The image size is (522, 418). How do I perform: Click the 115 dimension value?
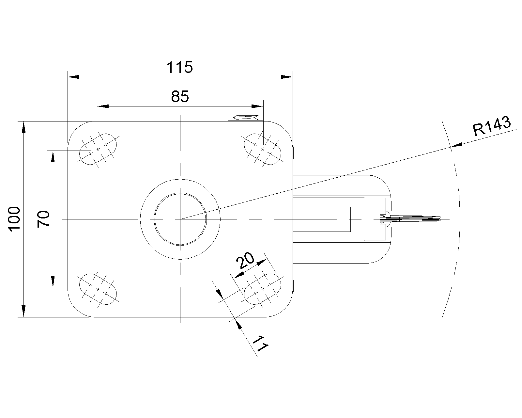tap(179, 67)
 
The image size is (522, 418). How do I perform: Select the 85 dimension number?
tap(180, 97)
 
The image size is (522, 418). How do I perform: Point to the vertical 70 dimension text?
tap(44, 219)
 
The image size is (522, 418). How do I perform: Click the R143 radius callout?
tap(492, 126)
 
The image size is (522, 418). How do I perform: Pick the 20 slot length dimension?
tap(245, 261)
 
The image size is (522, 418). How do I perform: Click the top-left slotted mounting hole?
tap(98, 149)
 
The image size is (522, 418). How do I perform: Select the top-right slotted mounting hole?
tap(262, 149)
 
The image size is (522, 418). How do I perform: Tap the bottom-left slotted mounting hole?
tap(98, 289)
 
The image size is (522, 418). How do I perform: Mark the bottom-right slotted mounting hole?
tap(262, 289)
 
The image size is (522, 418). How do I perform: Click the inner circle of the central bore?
tap(180, 219)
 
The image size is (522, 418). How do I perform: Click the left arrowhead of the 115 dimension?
tap(73, 77)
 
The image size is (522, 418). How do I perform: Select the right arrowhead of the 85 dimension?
tap(258, 106)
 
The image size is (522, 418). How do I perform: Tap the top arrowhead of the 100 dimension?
tap(23, 127)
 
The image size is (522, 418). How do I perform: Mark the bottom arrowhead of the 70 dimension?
tap(53, 282)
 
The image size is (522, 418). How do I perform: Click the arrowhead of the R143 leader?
tap(457, 145)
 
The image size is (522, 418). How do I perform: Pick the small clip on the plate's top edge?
tap(245, 118)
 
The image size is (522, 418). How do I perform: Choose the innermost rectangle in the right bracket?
tap(322, 219)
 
